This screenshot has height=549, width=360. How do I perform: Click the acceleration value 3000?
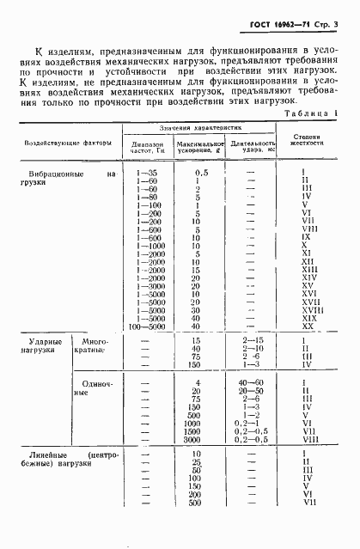click(198, 439)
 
